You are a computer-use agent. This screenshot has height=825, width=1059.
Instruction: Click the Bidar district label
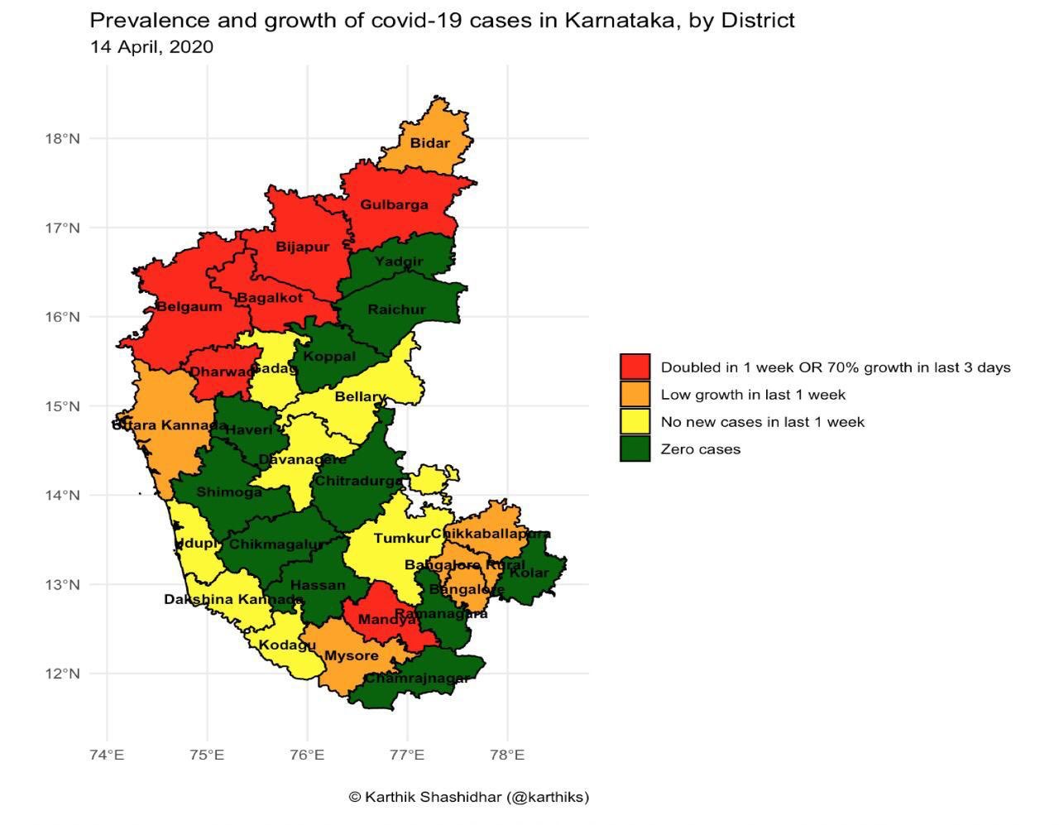click(x=430, y=143)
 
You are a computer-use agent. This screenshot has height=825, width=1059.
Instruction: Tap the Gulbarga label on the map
click(x=394, y=204)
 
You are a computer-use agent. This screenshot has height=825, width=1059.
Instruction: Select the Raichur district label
click(x=396, y=309)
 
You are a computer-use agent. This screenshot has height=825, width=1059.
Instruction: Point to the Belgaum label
click(x=189, y=306)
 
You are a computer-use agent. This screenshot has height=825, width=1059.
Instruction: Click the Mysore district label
click(x=351, y=655)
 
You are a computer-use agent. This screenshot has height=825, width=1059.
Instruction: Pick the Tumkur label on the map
click(x=402, y=539)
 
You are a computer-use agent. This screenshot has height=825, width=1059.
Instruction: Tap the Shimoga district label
click(x=229, y=492)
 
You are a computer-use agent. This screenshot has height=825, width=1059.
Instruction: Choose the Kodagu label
click(x=287, y=645)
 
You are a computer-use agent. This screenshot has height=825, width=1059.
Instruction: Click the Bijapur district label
click(x=302, y=247)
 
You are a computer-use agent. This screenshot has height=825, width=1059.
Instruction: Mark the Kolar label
click(x=529, y=572)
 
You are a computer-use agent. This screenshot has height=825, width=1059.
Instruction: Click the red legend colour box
click(x=635, y=367)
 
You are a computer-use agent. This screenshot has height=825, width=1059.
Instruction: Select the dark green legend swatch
click(x=635, y=448)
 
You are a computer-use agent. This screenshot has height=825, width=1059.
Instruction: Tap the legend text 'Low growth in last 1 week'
click(x=753, y=394)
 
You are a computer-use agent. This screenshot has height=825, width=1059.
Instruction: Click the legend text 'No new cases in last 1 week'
click(x=762, y=421)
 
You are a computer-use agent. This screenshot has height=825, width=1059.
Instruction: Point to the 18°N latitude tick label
click(x=62, y=138)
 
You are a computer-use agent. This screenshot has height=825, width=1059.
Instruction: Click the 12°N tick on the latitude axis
click(x=62, y=674)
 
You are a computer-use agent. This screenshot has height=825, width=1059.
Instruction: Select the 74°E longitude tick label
click(x=107, y=755)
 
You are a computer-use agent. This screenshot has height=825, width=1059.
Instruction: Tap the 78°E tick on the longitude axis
click(x=507, y=755)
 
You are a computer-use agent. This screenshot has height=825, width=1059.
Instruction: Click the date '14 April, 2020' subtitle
click(x=151, y=46)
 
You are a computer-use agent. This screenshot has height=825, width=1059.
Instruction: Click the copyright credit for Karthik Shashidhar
click(x=468, y=797)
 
